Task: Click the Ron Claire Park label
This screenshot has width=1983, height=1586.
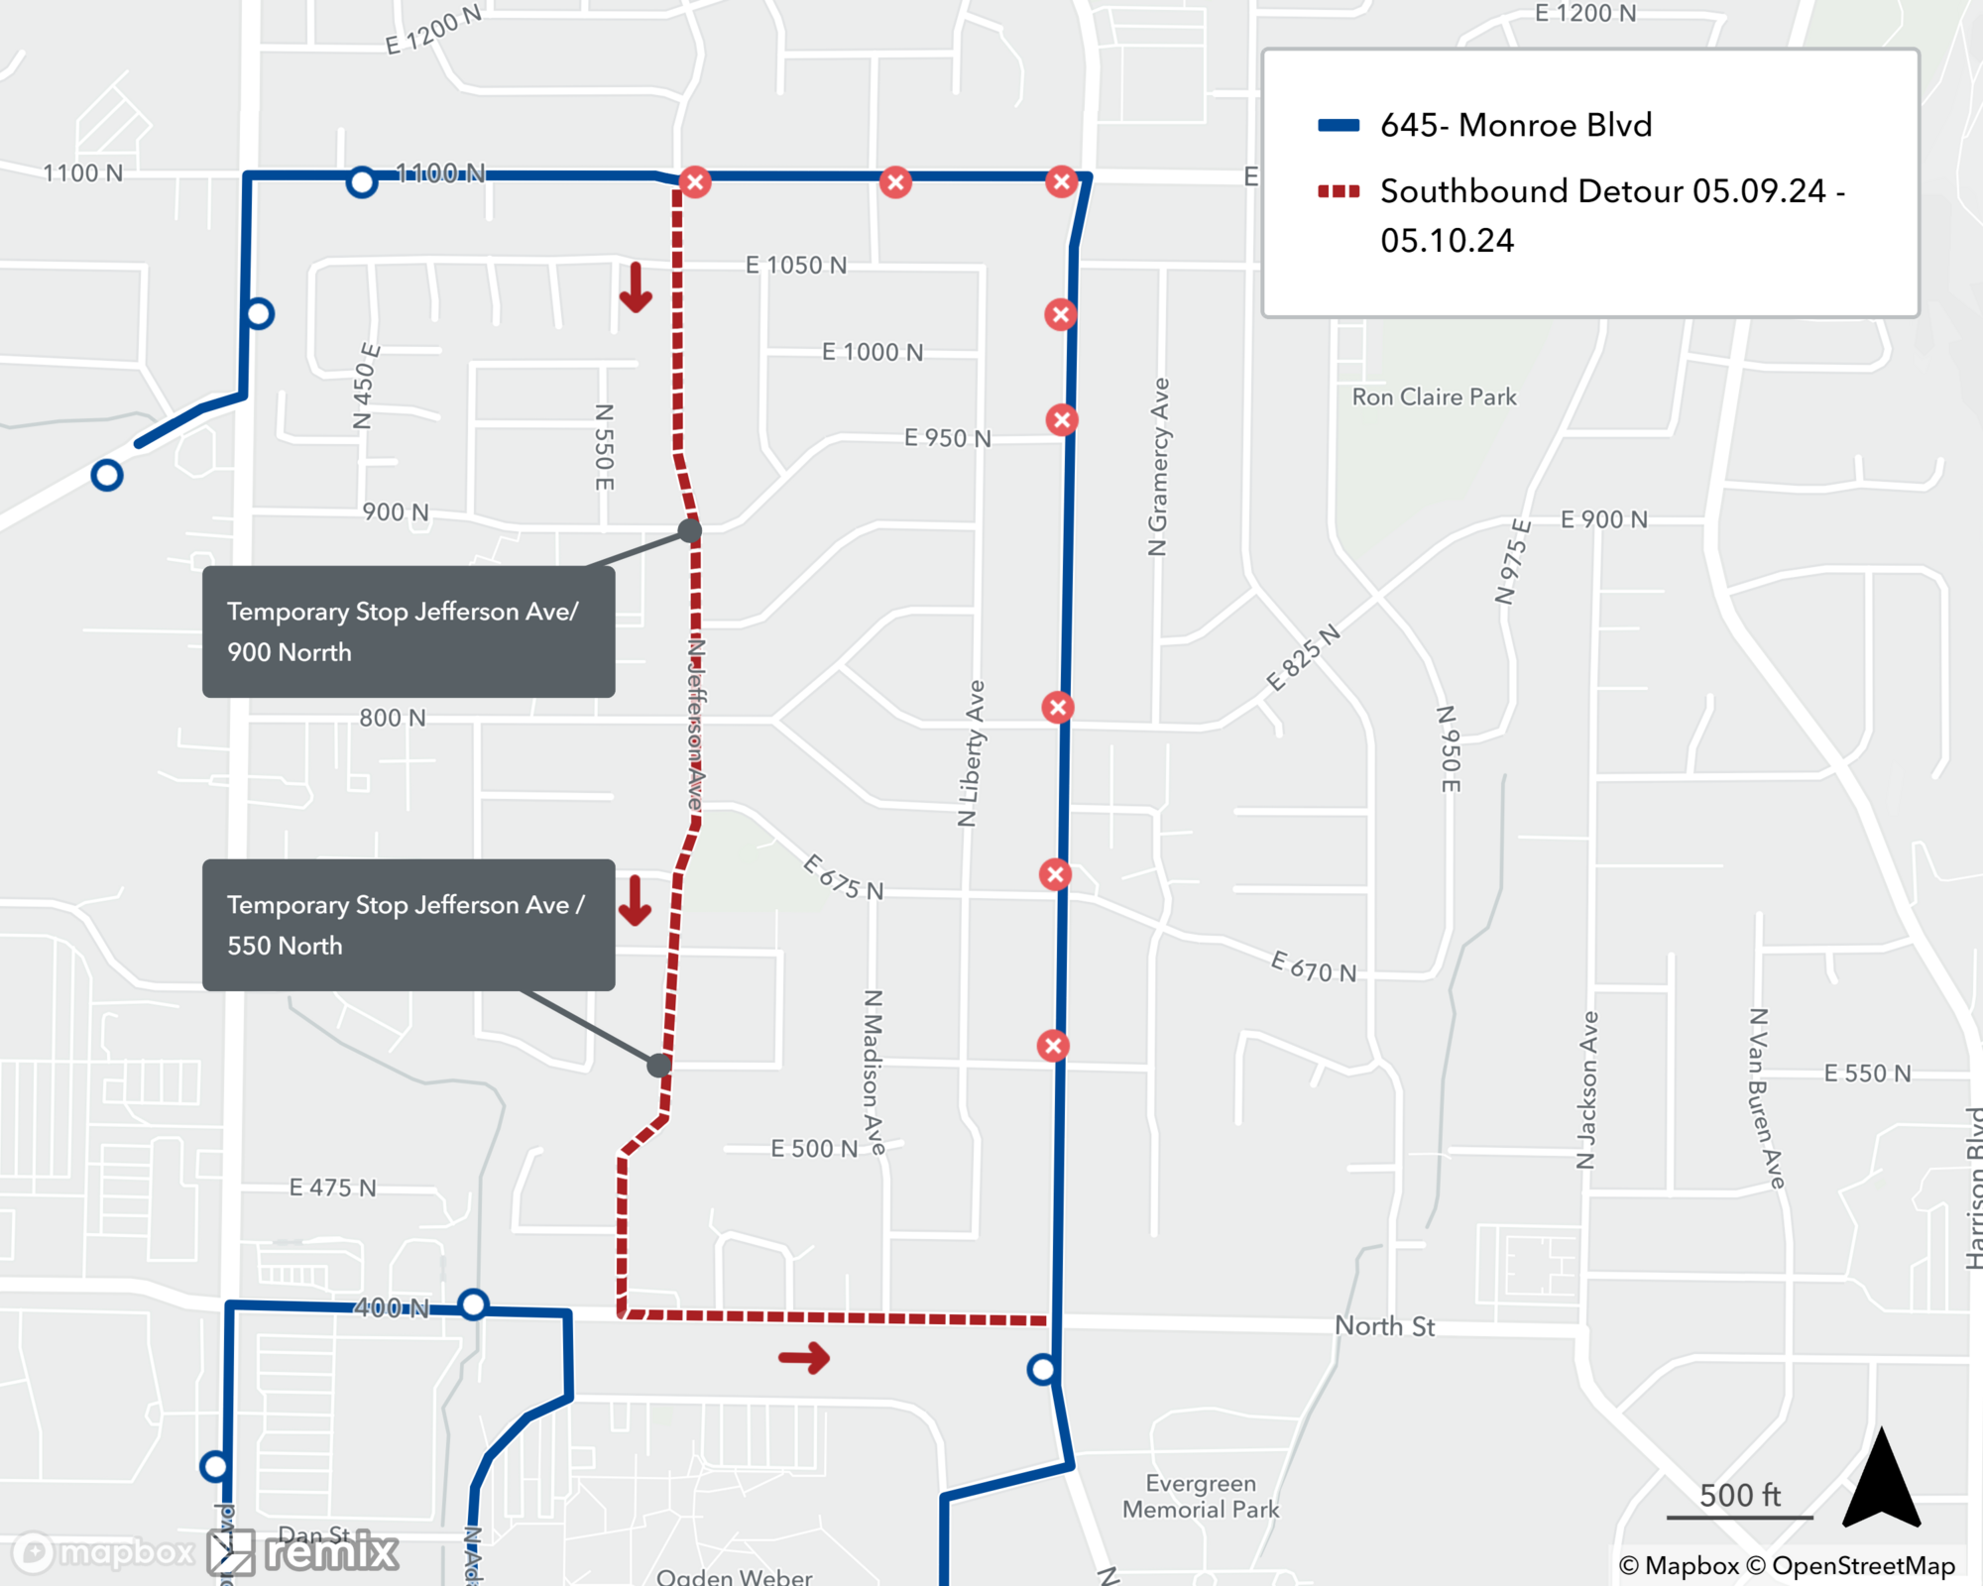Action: [1434, 397]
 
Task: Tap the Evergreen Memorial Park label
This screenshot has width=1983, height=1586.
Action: [1201, 1496]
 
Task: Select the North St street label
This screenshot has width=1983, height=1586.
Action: [1384, 1326]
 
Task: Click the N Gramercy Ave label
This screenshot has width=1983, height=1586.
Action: [1158, 466]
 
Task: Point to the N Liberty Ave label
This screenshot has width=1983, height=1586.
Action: [972, 752]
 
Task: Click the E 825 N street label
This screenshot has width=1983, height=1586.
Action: [1303, 658]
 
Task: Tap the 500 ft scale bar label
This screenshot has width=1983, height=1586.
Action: [1739, 1495]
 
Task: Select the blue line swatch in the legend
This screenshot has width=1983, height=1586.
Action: [1338, 125]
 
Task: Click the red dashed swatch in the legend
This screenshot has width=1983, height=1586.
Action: [1338, 190]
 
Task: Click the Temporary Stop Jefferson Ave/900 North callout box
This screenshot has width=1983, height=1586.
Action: [408, 631]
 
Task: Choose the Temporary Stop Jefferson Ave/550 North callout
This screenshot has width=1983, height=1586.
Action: [408, 924]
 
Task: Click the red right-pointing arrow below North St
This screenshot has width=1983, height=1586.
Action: [804, 1358]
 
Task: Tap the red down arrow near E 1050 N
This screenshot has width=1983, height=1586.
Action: [636, 287]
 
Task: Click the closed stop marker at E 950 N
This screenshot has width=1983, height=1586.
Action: [1062, 419]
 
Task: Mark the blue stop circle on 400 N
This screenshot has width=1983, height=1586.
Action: [474, 1303]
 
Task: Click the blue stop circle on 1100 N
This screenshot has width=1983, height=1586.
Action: [362, 182]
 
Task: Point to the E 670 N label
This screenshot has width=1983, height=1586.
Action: [1314, 966]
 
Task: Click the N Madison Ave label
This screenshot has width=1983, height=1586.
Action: [873, 1072]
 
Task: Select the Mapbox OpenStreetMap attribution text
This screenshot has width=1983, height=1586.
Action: [1787, 1565]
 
